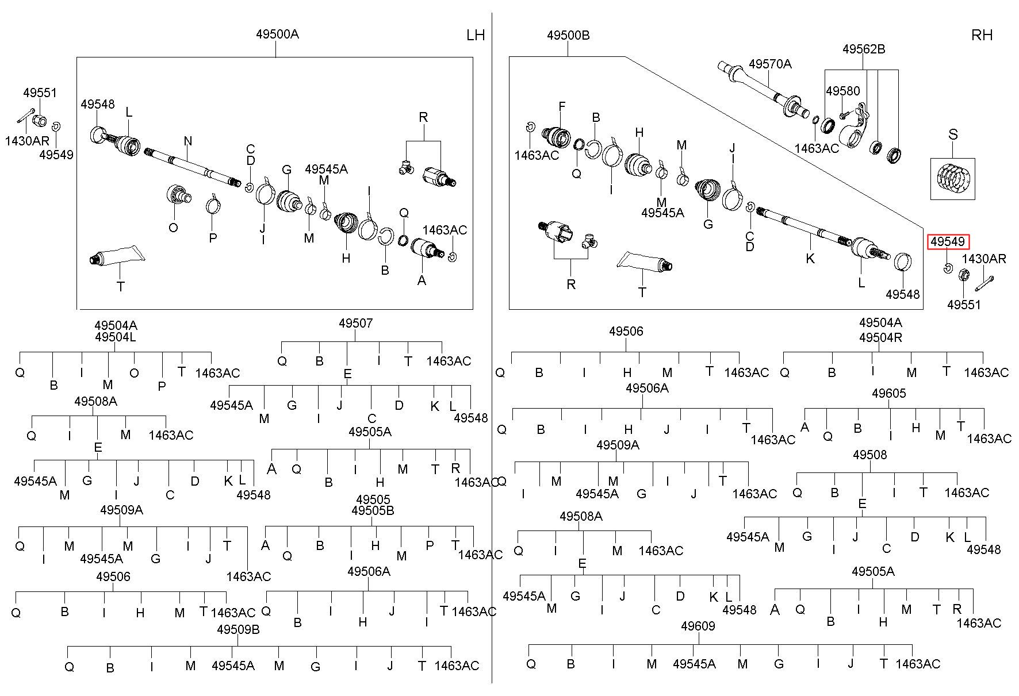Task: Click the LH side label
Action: click(476, 35)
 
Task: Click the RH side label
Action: click(982, 35)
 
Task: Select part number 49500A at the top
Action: click(277, 34)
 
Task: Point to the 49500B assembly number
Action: click(568, 35)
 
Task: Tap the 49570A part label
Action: click(770, 64)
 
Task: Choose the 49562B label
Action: click(864, 49)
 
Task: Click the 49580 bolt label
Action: click(843, 91)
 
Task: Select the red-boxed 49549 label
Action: click(947, 242)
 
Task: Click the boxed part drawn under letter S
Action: click(953, 179)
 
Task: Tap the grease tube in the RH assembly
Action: click(645, 262)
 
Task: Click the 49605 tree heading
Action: click(888, 393)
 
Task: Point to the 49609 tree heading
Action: click(698, 625)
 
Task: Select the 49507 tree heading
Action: click(355, 323)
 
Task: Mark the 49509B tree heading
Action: click(238, 629)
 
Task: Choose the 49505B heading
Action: click(373, 510)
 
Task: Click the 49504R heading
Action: click(880, 337)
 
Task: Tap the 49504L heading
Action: click(116, 337)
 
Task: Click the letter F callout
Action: click(562, 106)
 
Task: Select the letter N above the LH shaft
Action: click(187, 141)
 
